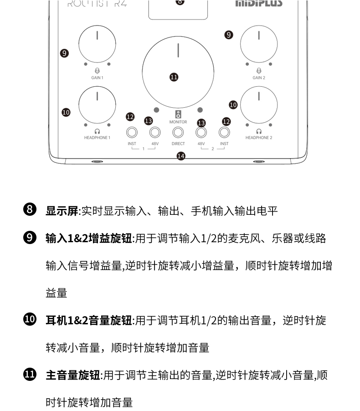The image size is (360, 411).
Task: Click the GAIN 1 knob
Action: (97, 44)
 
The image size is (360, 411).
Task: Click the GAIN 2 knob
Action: (259, 44)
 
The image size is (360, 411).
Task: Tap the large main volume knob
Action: (178, 71)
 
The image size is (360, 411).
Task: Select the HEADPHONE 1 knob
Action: (97, 104)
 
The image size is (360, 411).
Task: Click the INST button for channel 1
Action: (132, 132)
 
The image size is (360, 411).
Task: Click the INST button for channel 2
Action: (224, 132)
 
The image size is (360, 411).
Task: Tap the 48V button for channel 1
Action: (155, 132)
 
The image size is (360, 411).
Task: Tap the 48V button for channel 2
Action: (201, 132)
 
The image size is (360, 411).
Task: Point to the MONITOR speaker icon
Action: (178, 114)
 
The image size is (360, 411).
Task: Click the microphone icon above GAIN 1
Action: (97, 71)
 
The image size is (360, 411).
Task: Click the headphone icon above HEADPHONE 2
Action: (258, 131)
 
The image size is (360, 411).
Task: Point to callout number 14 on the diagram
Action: (181, 156)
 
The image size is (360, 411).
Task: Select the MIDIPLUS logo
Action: (258, 4)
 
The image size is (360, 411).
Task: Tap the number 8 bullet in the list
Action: (29, 210)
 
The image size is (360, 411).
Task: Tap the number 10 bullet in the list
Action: (29, 320)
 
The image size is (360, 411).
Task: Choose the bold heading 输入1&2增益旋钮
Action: (89, 238)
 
